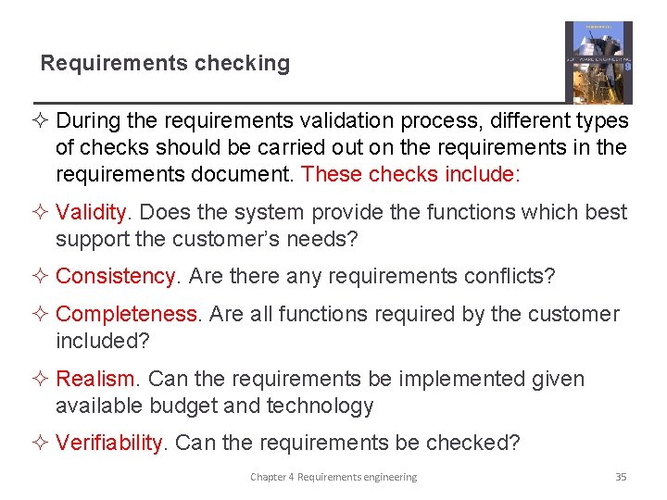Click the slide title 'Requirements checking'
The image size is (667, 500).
(165, 64)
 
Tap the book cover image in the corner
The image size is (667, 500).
(598, 62)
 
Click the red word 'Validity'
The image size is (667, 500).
(91, 212)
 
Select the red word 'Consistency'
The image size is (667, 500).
(115, 276)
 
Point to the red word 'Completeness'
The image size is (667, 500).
(126, 314)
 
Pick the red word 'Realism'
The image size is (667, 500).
(95, 379)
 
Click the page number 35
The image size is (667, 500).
(621, 477)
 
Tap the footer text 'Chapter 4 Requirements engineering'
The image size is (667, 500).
(333, 477)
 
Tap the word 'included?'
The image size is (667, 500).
(102, 341)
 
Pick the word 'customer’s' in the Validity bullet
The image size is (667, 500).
(214, 239)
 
